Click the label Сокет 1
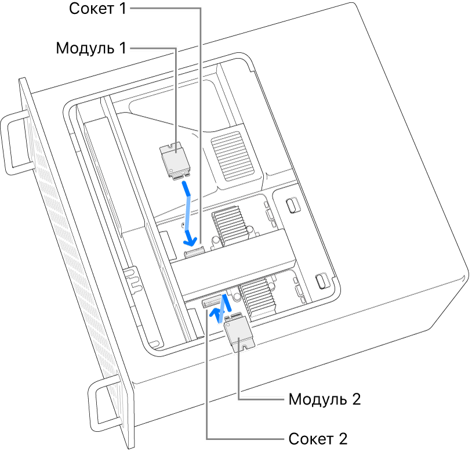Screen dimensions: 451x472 97,9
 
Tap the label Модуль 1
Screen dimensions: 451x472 90,48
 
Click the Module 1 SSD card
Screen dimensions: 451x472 175,160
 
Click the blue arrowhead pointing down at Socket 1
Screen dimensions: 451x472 188,238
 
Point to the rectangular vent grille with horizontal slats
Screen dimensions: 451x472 234,152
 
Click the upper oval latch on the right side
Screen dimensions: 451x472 293,205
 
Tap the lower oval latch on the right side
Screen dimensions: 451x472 320,280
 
